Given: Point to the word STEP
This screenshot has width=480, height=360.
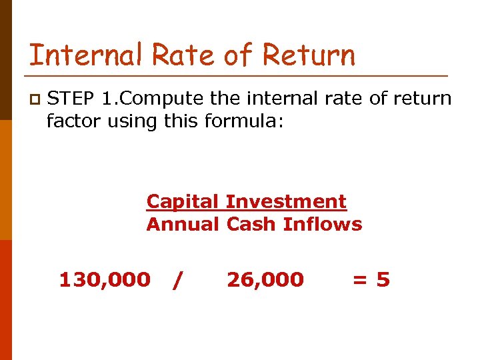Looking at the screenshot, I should point(71,99).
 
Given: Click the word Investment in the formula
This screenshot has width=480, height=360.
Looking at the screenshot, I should point(286,201).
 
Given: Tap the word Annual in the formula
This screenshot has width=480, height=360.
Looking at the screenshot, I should point(183,224).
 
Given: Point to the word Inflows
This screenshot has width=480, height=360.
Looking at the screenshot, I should point(323,224).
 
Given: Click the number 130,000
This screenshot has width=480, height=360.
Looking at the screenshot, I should point(105,280).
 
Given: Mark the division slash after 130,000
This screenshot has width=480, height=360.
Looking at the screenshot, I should point(176,281).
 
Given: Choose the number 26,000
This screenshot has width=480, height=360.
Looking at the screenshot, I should point(265,280).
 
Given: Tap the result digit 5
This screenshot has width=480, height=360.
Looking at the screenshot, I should point(383,280).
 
